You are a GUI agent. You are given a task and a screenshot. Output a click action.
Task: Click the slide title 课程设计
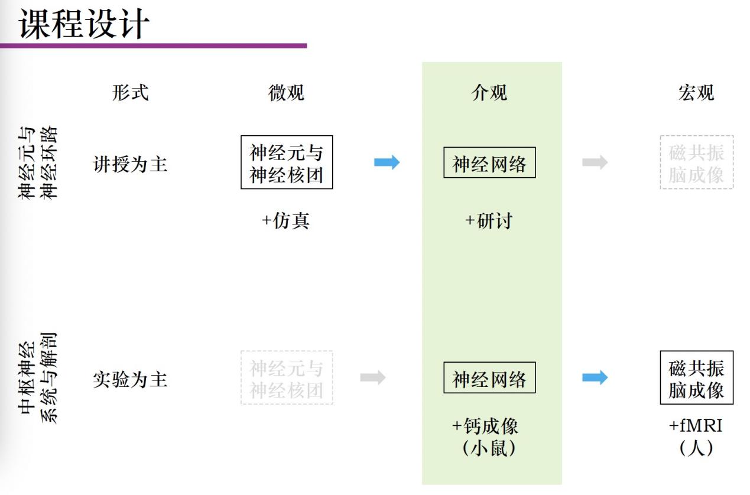pyautogui.click(x=84, y=25)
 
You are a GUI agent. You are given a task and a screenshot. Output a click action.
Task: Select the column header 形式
pyautogui.click(x=130, y=93)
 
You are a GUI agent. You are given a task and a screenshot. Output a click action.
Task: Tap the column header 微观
pyautogui.click(x=287, y=93)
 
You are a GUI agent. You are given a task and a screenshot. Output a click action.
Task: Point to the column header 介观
pyautogui.click(x=489, y=93)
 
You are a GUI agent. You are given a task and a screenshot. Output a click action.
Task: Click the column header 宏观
pyautogui.click(x=696, y=93)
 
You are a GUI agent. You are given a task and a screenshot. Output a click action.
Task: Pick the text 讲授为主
pyautogui.click(x=130, y=164)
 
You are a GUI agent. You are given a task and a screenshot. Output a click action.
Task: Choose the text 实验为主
pyautogui.click(x=130, y=379)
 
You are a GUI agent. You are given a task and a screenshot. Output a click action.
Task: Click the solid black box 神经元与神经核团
pyautogui.click(x=287, y=162)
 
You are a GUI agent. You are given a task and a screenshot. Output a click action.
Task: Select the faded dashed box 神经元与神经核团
pyautogui.click(x=287, y=378)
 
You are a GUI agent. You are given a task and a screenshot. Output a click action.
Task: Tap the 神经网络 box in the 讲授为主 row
pyautogui.click(x=489, y=163)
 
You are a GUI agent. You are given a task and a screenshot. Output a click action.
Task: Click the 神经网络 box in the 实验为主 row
pyautogui.click(x=489, y=378)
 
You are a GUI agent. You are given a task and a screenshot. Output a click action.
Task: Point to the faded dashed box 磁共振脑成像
pyautogui.click(x=696, y=162)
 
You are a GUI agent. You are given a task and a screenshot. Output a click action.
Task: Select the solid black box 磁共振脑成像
pyautogui.click(x=696, y=378)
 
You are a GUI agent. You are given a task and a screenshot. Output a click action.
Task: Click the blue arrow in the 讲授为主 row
pyautogui.click(x=387, y=162)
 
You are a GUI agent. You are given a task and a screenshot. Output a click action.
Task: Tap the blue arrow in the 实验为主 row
pyautogui.click(x=595, y=378)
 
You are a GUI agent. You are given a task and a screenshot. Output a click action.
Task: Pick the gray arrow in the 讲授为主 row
pyautogui.click(x=595, y=162)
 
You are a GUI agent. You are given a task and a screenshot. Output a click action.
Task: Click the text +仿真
pyautogui.click(x=286, y=221)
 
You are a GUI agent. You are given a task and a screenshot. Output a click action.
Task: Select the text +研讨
pyautogui.click(x=489, y=221)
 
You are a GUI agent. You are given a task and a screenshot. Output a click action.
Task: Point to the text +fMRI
pyautogui.click(x=696, y=425)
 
